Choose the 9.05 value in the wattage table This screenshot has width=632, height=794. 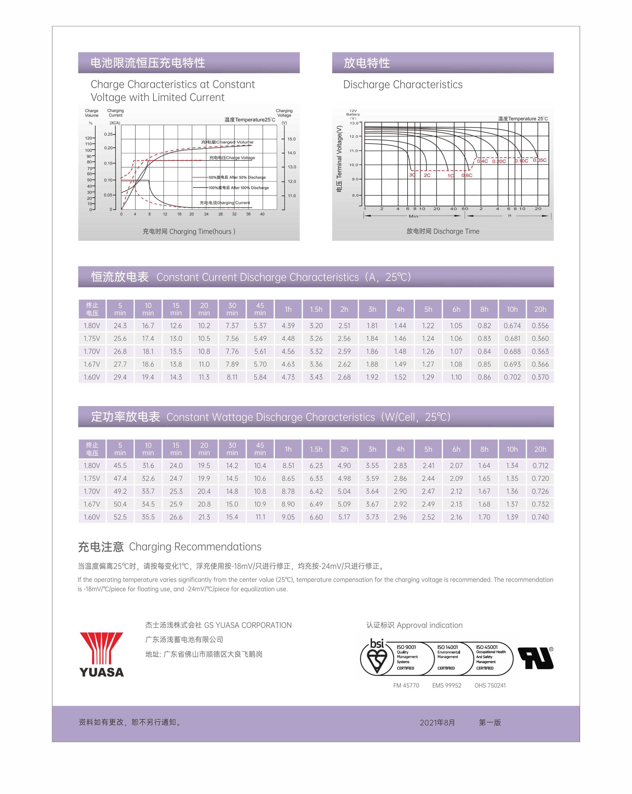pos(288,517)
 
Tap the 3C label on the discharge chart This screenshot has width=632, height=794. pos(412,175)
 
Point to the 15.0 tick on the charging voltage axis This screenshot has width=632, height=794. pos(292,139)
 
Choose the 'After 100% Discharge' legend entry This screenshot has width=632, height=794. pos(238,188)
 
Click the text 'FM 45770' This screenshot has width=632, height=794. pos(406,685)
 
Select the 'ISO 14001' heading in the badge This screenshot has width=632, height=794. pos(447,647)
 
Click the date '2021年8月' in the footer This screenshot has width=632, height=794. pos(437,723)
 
